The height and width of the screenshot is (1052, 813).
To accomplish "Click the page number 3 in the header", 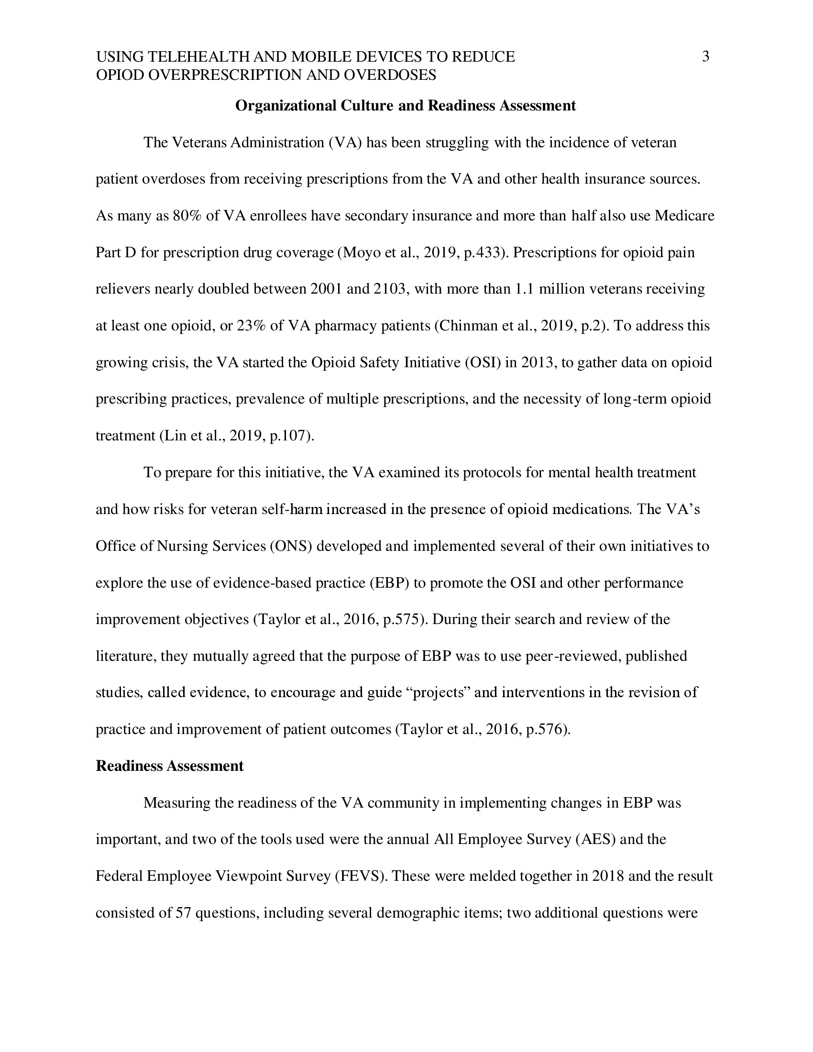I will [x=705, y=57].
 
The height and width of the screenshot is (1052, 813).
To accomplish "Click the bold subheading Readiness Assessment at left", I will [x=170, y=766].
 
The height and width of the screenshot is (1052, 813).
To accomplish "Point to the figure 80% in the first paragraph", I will [x=187, y=216].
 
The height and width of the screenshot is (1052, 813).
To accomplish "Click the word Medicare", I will [x=684, y=216].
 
